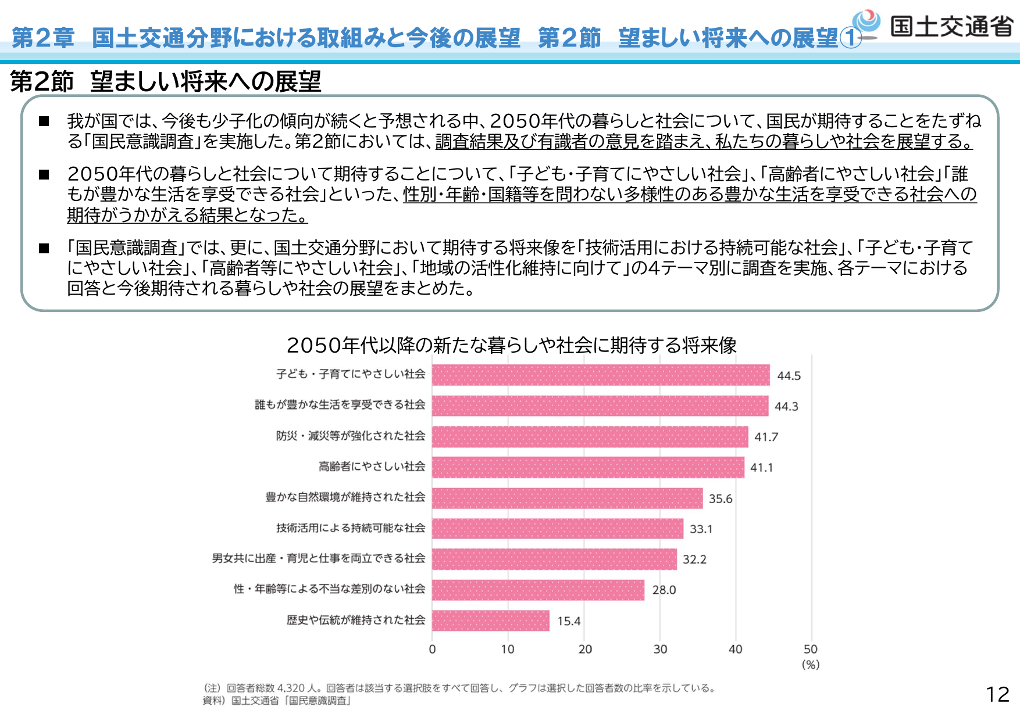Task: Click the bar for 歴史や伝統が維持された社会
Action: point(490,620)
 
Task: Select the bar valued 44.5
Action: point(600,375)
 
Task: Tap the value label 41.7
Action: point(766,437)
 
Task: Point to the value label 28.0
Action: point(664,590)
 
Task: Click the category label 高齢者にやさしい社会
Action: point(372,467)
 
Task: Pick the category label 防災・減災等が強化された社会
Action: point(350,436)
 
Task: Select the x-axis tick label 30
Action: point(660,650)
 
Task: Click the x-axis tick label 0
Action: point(432,650)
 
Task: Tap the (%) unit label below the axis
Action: point(811,665)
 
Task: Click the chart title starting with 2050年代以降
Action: point(511,346)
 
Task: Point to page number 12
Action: point(997,694)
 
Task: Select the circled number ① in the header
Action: point(851,39)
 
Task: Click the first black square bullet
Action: point(44,121)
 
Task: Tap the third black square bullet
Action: point(44,249)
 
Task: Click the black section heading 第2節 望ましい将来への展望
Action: point(166,81)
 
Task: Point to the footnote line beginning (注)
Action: point(459,688)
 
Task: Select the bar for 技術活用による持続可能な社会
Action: point(557,529)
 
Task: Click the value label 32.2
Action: point(694,559)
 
